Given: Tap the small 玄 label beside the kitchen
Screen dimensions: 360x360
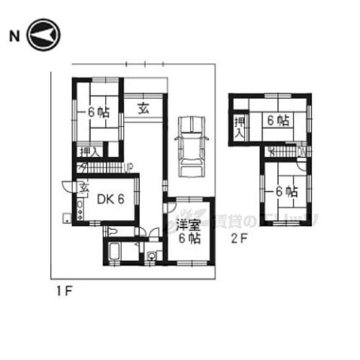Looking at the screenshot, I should click(x=83, y=189).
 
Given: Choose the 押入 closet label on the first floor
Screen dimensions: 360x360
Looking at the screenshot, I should click(x=90, y=151).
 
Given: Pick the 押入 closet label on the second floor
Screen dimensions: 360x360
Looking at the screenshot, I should click(x=239, y=127).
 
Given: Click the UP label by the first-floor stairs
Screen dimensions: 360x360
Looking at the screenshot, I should click(x=129, y=168).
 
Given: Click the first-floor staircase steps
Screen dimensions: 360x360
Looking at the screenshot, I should click(x=101, y=168).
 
